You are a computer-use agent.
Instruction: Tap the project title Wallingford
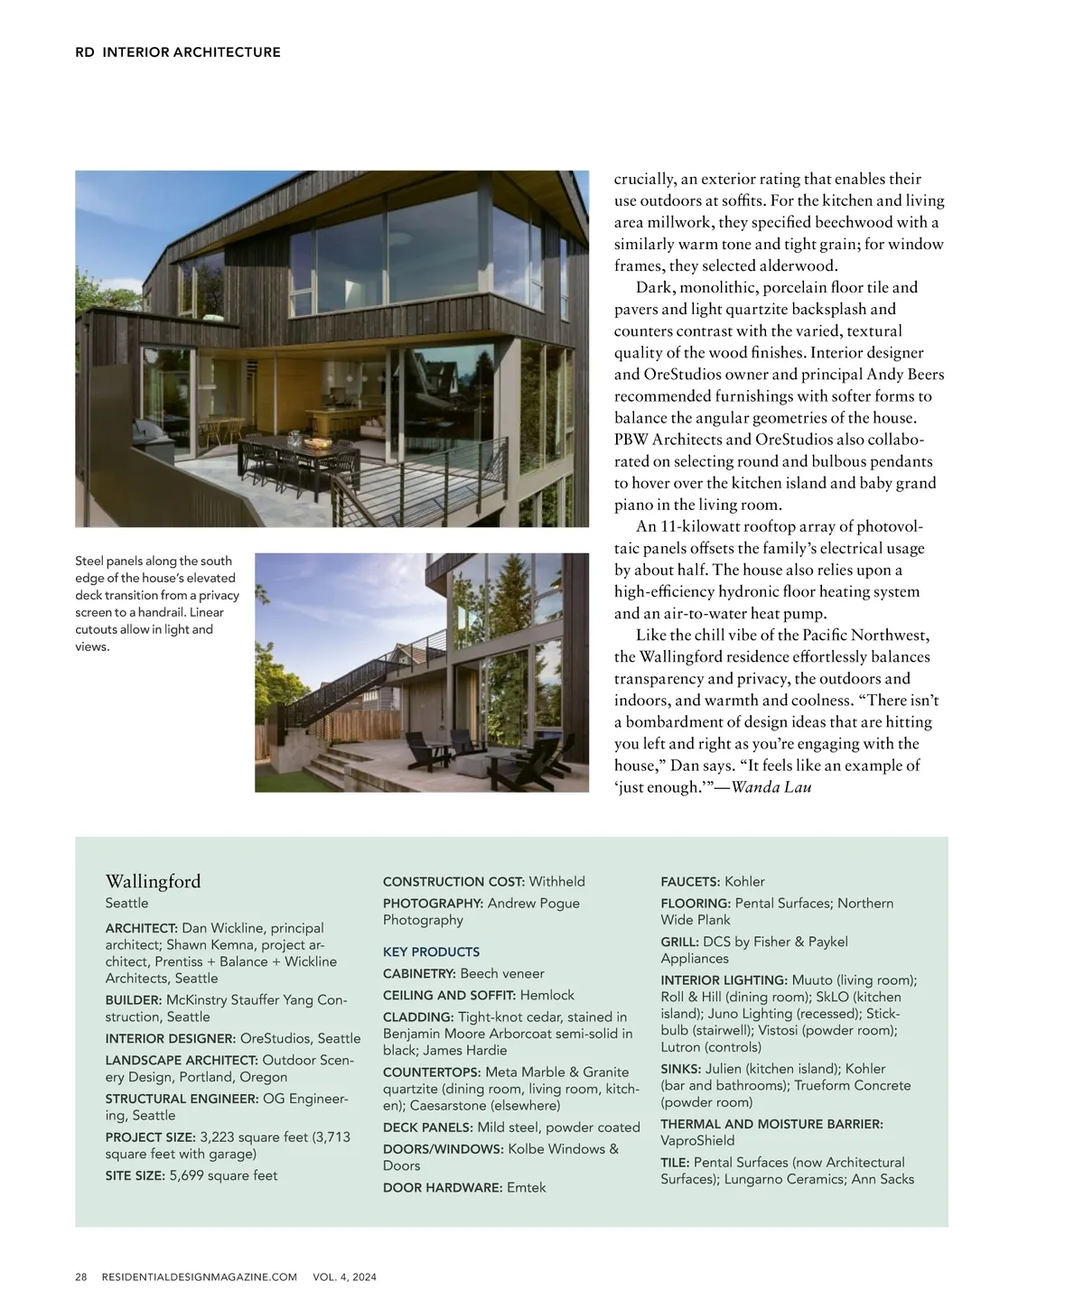tap(153, 881)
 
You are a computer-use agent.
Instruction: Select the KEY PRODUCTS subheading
tap(431, 952)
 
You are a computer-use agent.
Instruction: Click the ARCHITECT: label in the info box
tap(141, 928)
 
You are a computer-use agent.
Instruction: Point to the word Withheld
tap(556, 881)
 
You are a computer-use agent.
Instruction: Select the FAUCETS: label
tap(690, 881)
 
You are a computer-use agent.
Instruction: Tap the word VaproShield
tap(697, 1140)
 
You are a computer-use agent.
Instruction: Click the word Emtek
tap(526, 1187)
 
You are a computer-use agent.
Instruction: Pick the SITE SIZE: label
tap(135, 1175)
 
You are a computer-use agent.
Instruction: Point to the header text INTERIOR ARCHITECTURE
tap(192, 52)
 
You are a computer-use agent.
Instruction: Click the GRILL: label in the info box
tap(679, 942)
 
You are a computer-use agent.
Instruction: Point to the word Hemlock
tap(547, 995)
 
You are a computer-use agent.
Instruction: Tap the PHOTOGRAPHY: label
tap(433, 903)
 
